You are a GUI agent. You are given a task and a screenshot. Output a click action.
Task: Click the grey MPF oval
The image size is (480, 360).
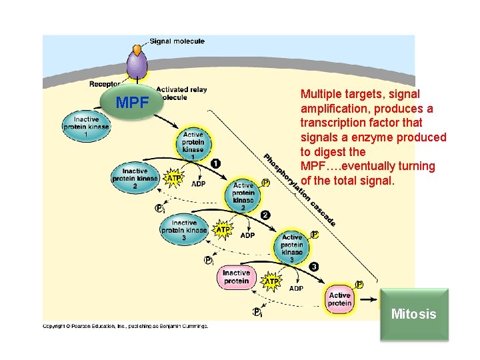point(132,103)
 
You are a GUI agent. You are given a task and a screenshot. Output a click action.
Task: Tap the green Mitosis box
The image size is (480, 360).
point(414,314)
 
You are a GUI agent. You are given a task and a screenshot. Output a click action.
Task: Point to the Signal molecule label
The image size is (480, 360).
point(177,41)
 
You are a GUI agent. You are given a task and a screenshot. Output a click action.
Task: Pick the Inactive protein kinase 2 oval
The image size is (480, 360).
point(135,177)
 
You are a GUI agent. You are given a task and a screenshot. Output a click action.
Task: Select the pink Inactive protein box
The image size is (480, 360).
point(236,277)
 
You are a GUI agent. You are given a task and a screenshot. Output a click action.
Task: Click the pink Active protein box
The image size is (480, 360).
point(339,299)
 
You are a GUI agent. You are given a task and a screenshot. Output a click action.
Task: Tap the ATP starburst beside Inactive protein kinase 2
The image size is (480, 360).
point(173,179)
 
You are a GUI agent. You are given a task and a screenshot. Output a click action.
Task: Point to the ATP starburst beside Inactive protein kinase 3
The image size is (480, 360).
point(223,230)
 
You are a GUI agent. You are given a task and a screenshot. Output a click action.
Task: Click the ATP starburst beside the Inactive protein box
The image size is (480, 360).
point(271,282)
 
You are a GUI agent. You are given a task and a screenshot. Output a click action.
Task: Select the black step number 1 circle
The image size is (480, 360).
point(215,163)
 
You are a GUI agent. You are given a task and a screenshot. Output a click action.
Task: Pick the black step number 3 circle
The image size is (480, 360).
point(313,267)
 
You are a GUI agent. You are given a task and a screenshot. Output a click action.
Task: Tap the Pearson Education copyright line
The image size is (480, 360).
point(125,326)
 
